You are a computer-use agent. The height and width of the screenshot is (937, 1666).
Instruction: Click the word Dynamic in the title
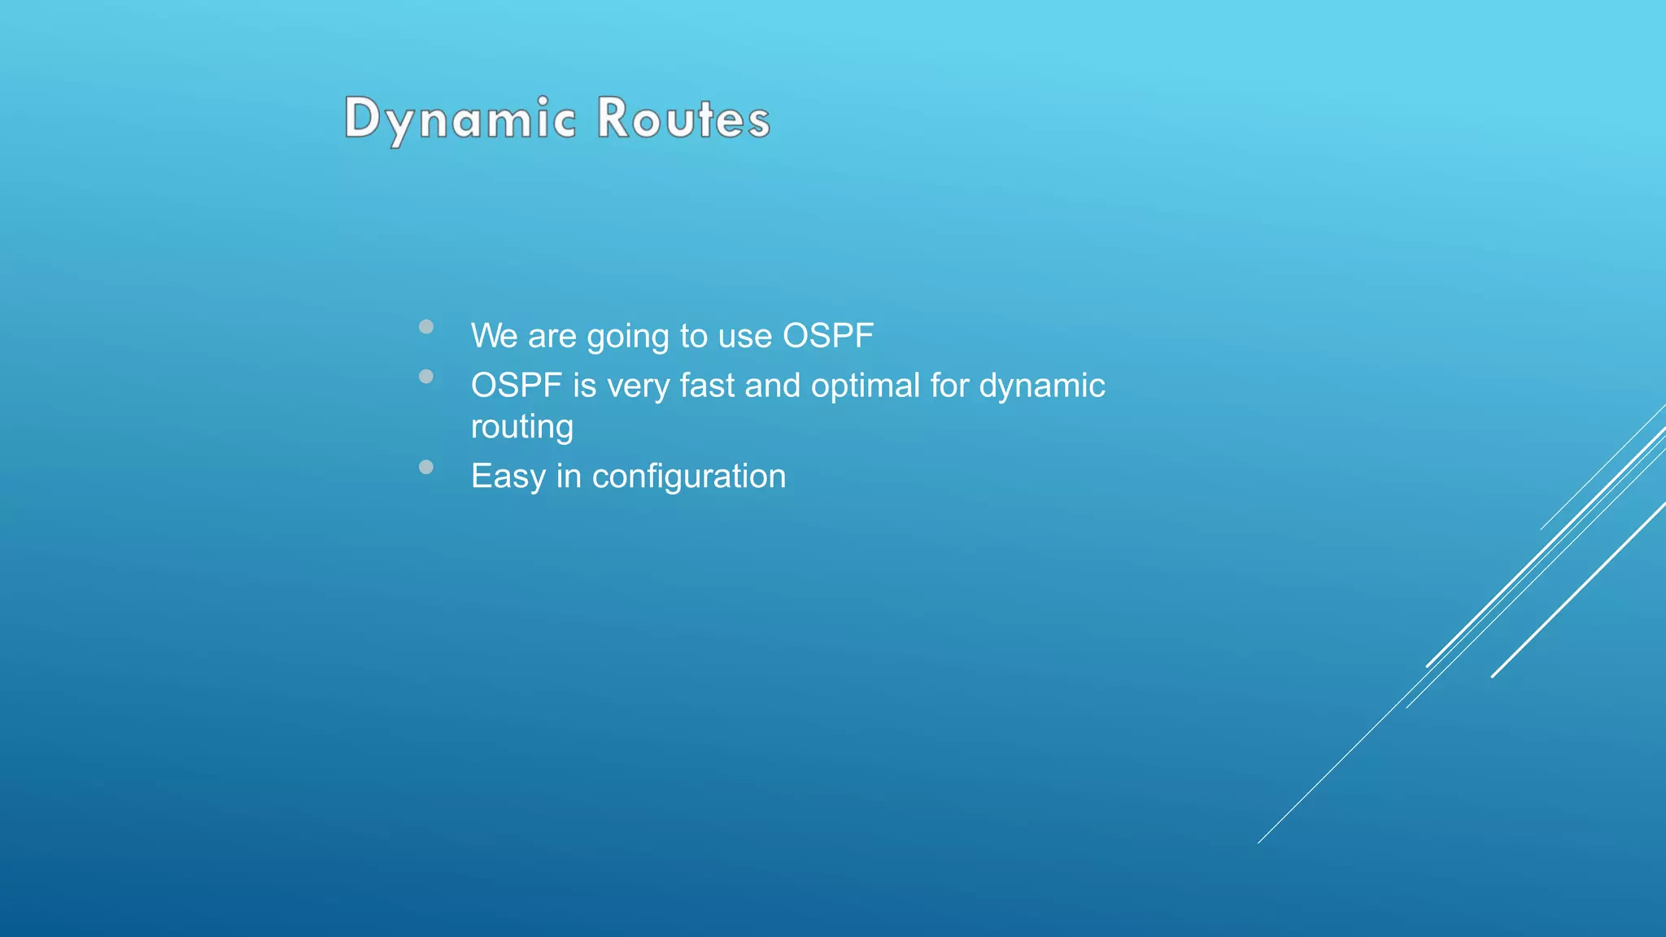(460, 119)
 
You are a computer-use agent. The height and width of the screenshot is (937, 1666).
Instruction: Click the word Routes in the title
(683, 119)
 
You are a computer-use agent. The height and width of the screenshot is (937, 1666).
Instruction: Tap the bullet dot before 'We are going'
(426, 327)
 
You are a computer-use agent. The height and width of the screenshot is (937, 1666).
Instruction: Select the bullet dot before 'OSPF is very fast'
(426, 377)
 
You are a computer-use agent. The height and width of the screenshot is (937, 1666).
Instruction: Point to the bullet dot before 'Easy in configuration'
(426, 467)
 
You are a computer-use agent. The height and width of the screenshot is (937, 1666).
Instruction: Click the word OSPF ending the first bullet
(827, 336)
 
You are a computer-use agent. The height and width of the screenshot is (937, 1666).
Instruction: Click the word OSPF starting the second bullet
(517, 386)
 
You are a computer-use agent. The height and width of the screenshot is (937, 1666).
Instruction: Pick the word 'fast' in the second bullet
(706, 386)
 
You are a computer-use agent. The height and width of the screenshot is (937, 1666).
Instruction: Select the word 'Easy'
(508, 477)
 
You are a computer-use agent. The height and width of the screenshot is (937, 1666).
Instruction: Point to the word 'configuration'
(688, 477)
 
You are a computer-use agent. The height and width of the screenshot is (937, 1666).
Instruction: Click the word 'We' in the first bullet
(494, 336)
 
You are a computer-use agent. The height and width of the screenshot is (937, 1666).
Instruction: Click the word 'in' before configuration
(569, 476)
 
